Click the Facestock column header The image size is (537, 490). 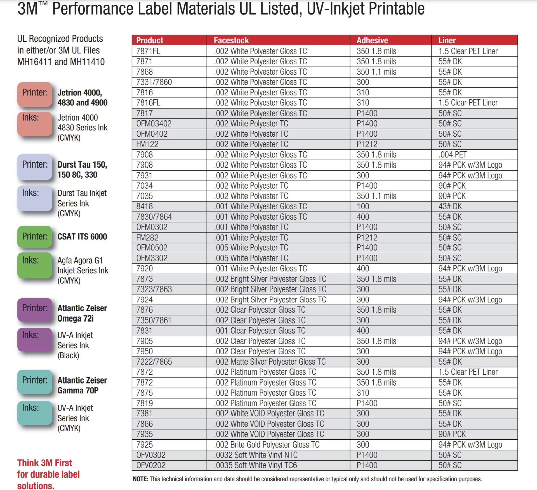click(231, 40)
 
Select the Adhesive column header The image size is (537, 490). click(372, 40)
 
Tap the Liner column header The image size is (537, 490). click(447, 40)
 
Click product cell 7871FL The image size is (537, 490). click(148, 51)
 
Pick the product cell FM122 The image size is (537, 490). click(147, 144)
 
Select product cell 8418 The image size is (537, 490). click(144, 206)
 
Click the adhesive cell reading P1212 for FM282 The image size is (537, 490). click(367, 238)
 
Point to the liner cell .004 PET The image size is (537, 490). click(452, 154)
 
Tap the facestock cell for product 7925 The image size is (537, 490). click(267, 444)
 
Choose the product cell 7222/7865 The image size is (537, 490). click(154, 362)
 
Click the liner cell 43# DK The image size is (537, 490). click(450, 206)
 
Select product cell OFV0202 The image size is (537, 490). click(151, 465)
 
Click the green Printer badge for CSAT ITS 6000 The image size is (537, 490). click(35, 236)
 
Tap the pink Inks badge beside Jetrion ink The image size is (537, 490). click(35, 124)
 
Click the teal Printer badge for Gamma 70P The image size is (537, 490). click(35, 381)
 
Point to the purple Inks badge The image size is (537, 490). click(35, 339)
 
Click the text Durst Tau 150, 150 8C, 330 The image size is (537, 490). click(82, 170)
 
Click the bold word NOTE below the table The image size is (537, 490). click(140, 479)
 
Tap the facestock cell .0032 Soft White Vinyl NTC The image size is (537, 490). click(256, 455)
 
